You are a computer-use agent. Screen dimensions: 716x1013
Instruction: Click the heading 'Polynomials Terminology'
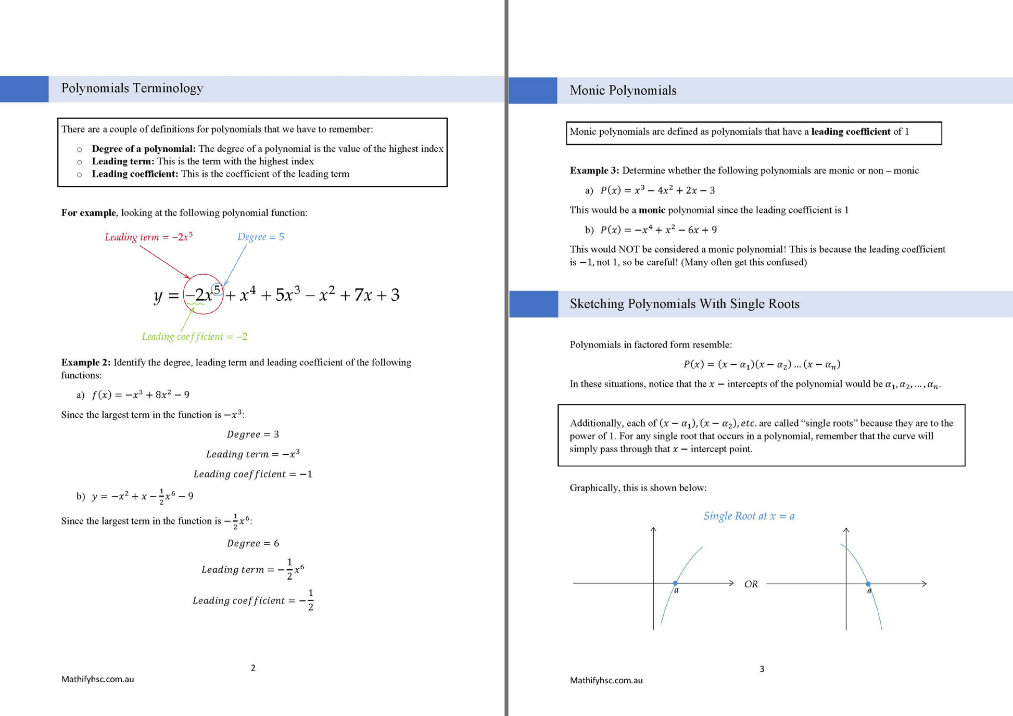pos(132,88)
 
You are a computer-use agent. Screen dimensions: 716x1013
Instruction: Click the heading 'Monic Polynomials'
pos(623,91)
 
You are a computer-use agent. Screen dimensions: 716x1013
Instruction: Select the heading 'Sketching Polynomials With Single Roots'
pos(684,304)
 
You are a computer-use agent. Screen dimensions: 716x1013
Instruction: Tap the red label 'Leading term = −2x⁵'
pos(148,237)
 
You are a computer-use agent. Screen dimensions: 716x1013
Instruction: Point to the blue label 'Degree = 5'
pos(260,237)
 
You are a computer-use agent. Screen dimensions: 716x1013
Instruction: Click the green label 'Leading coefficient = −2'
pos(194,337)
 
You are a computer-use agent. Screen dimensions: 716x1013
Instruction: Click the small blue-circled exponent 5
pos(217,289)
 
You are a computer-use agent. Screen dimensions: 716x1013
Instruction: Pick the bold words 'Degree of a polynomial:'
pos(143,149)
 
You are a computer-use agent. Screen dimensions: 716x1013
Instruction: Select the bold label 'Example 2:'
pos(85,362)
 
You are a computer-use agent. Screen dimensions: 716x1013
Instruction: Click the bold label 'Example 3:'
pos(594,171)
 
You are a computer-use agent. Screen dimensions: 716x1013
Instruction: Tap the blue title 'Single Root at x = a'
pos(749,516)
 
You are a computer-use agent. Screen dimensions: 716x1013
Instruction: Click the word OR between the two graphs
pos(751,584)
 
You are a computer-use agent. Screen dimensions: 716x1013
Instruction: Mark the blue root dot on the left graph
pos(675,583)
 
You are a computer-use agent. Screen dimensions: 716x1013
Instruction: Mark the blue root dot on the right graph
pos(868,584)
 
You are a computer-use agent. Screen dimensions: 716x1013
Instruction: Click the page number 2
pos(253,668)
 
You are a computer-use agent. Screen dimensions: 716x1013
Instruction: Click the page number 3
pos(762,669)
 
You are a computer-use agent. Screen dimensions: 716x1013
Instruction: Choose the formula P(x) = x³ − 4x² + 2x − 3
pos(657,190)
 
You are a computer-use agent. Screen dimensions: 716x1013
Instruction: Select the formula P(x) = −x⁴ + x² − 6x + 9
pos(658,230)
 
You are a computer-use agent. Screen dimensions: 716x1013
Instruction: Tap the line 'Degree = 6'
pos(253,543)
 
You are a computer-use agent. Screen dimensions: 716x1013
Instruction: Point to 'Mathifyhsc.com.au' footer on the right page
pos(606,680)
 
